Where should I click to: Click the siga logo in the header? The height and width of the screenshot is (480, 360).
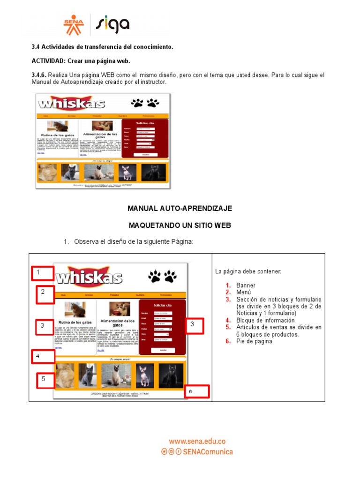tap(112, 25)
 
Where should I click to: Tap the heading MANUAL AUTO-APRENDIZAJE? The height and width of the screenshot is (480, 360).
tap(180, 208)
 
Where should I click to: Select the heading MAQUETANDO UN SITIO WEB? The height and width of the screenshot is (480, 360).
tap(180, 225)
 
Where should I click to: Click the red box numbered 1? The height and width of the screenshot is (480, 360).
tap(43, 273)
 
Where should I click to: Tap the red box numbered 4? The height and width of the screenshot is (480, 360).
tap(43, 357)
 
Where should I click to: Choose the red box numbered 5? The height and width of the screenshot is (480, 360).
tap(46, 379)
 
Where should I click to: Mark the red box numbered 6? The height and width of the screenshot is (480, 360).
tap(196, 391)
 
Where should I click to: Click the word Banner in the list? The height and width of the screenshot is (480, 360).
tap(246, 285)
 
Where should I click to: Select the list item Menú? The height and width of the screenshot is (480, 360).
tap(245, 292)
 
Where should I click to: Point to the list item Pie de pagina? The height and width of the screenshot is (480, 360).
tap(254, 341)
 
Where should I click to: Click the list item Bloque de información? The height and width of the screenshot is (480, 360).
tap(265, 320)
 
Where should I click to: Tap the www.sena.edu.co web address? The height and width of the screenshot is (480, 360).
tap(197, 441)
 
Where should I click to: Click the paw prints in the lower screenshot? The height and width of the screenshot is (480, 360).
tap(162, 276)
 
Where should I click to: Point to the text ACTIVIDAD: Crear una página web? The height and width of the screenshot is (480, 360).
tap(81, 61)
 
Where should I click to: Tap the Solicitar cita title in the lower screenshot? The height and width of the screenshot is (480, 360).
tap(163, 305)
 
